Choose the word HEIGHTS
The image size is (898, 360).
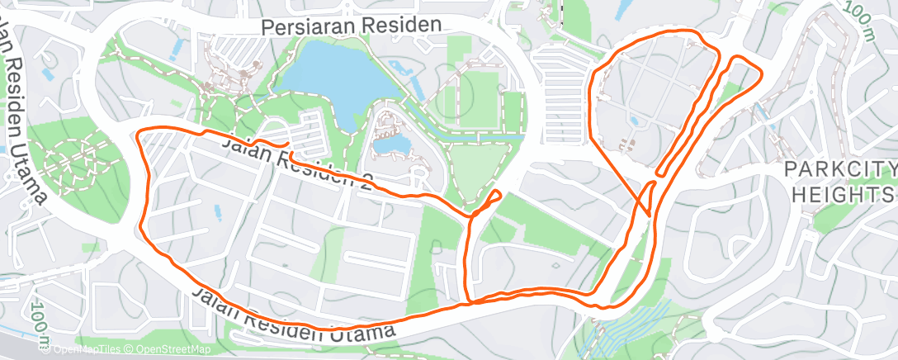click(843, 195)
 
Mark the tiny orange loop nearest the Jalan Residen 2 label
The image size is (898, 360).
click(493, 197)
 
